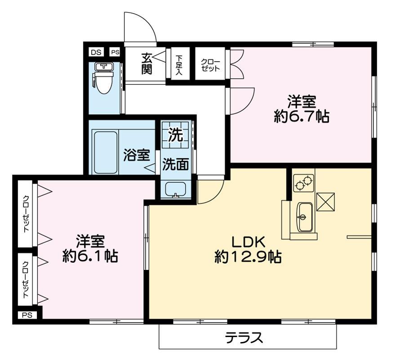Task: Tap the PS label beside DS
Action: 115,52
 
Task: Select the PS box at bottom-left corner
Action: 27,315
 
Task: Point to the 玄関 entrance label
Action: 147,63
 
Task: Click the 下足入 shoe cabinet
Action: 179,64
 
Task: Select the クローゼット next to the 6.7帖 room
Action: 210,65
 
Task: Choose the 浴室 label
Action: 137,156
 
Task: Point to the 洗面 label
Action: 175,165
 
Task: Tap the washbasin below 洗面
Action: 176,189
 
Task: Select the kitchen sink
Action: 305,216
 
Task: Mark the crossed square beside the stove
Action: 325,201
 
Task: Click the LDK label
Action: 249,242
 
